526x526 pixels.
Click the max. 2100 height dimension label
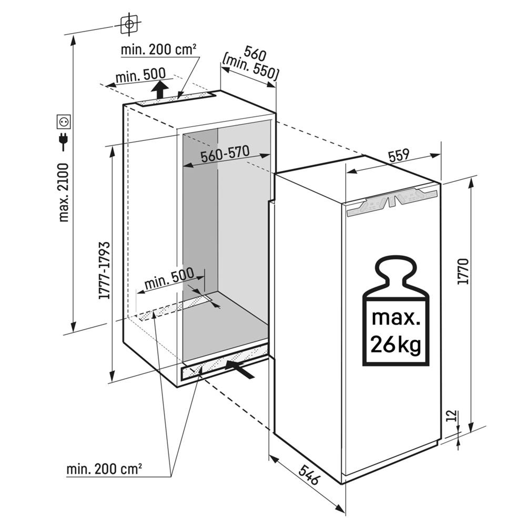(64, 193)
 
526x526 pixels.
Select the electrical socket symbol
(64, 122)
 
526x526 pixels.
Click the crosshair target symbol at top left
(129, 23)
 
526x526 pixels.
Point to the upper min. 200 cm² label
(159, 50)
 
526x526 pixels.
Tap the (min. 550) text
(250, 67)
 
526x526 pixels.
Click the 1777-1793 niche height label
(104, 270)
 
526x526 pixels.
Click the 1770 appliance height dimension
(463, 271)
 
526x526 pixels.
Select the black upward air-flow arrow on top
(164, 89)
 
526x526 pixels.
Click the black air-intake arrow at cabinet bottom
(241, 368)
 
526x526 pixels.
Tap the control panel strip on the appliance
(392, 204)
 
